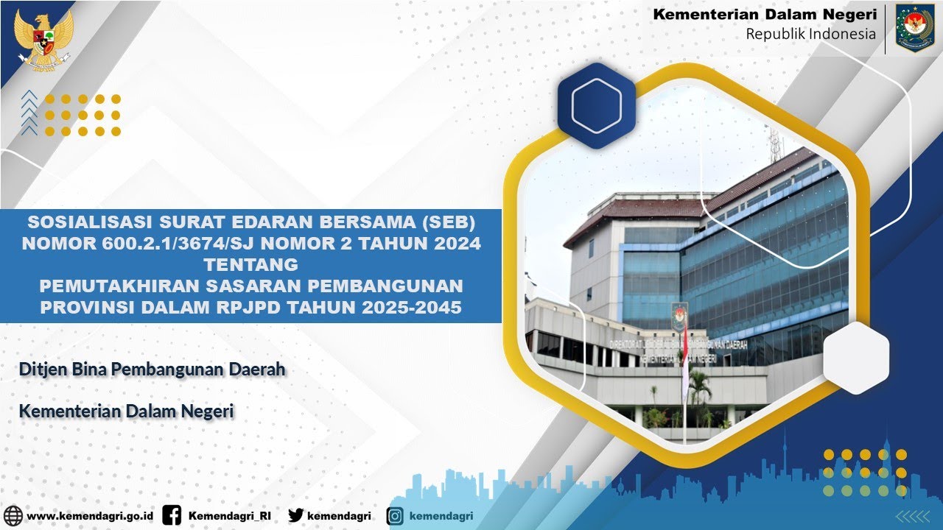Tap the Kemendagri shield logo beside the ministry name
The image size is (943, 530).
coord(914,29)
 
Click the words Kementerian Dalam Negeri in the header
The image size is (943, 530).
coord(765,14)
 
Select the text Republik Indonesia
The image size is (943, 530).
coord(810,34)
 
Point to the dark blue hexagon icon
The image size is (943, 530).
coord(596,106)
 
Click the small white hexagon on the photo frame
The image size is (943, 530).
coord(856,357)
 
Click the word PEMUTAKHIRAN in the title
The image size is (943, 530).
coord(117,286)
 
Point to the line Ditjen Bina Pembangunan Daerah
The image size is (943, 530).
coord(152,370)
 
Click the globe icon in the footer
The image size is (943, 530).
coord(13,516)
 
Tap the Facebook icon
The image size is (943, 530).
coord(172,516)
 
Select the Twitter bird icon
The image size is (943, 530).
coord(296,516)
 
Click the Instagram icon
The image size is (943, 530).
coord(396,516)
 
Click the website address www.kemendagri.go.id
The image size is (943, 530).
coord(90,516)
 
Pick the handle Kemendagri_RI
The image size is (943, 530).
coord(229,516)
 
